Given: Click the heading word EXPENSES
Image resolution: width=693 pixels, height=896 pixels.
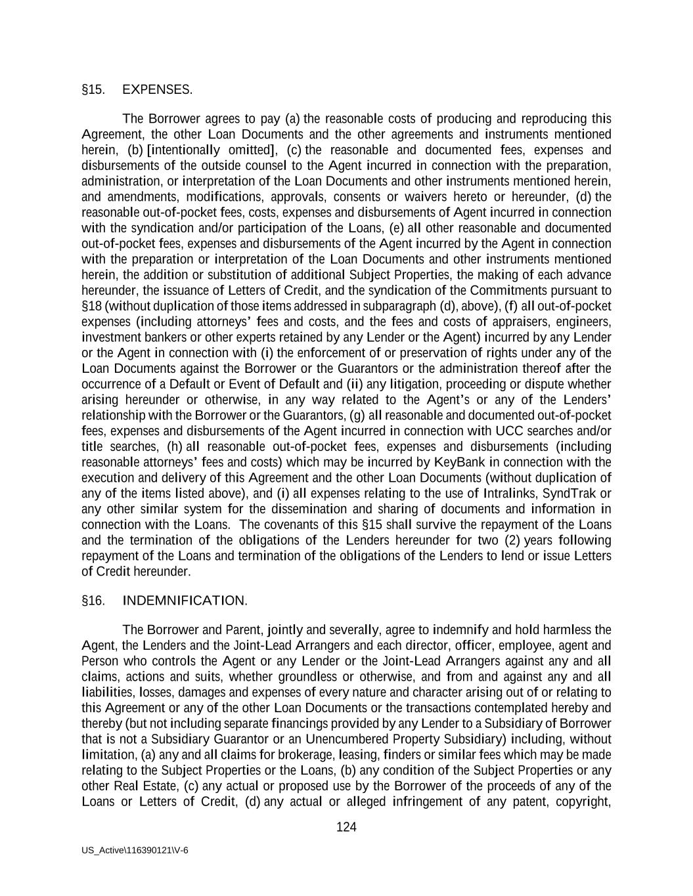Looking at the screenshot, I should pos(157,90).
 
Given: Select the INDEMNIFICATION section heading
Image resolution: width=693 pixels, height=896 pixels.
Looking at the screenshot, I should pos(185,601).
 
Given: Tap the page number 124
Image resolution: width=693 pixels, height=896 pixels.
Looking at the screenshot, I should pos(346,827).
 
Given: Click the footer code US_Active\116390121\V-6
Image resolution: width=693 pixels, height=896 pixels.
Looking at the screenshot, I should pos(135,850).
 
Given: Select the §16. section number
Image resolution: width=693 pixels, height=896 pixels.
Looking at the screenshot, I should pos(93,601).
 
